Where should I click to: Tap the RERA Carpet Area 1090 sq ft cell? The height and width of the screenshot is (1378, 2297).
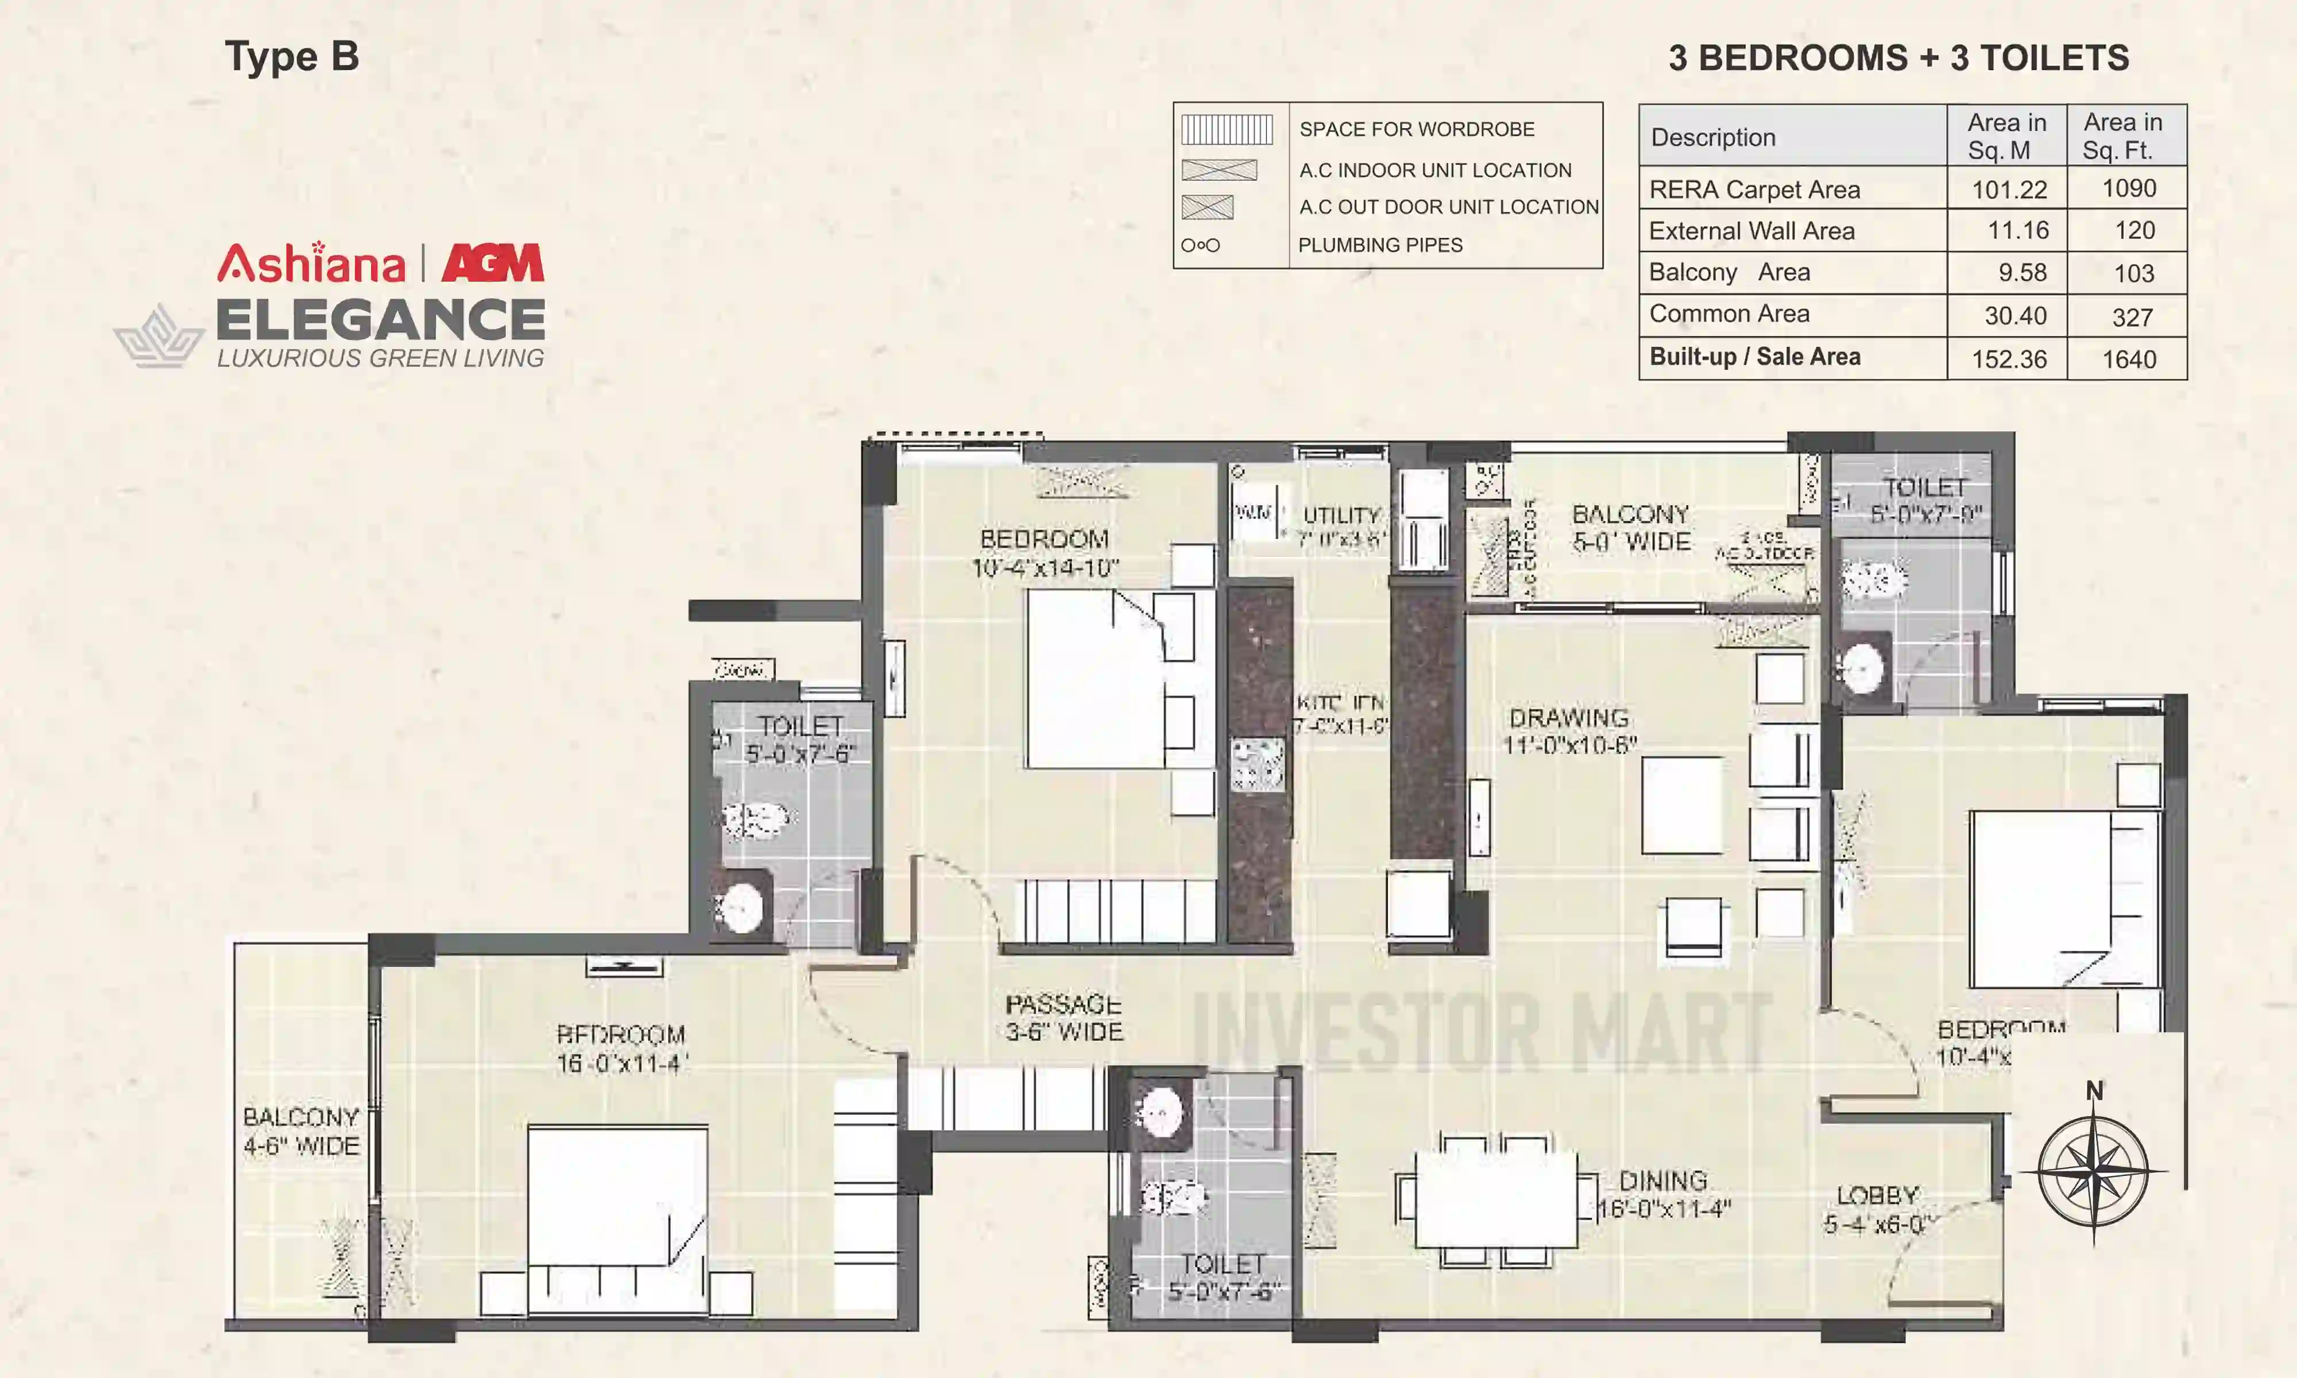point(2128,188)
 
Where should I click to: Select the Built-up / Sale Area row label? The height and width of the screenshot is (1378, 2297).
point(1755,358)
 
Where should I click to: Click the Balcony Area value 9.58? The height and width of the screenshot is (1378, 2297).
point(2022,273)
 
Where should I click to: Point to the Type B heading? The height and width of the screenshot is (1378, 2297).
point(292,57)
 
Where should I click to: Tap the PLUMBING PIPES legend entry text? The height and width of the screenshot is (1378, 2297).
point(1380,245)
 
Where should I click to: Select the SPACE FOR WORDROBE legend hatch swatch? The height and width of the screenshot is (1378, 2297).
point(1227,129)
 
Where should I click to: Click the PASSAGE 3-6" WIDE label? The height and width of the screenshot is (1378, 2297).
point(1064,1018)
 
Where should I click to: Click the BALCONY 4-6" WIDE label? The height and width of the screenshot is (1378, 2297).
point(301,1131)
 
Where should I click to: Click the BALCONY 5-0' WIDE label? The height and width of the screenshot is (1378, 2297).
point(1630,528)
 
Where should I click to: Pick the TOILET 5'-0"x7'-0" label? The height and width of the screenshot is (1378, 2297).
point(1925,500)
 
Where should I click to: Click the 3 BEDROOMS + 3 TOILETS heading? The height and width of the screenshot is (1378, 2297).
point(1898,57)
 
